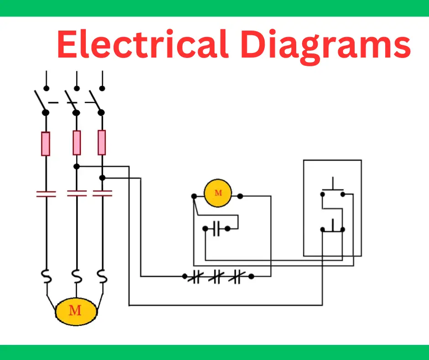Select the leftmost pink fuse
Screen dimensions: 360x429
(x=46, y=143)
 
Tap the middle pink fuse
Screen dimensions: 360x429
(x=77, y=143)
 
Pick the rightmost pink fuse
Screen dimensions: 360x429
(x=102, y=142)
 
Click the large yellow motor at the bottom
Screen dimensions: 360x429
(x=76, y=311)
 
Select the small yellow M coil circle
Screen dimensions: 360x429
(x=218, y=193)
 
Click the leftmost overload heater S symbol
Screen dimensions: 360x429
(x=46, y=277)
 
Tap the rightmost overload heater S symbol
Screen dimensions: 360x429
(x=102, y=277)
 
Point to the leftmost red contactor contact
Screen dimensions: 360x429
(x=46, y=194)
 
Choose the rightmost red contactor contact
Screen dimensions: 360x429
(x=102, y=194)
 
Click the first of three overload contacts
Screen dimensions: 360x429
(x=195, y=276)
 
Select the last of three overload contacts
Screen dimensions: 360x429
(x=236, y=276)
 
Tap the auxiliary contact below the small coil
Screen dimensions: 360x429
(x=217, y=229)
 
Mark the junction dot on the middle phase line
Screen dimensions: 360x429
(x=77, y=166)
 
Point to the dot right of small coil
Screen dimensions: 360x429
(x=240, y=196)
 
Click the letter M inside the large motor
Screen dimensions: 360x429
(x=75, y=311)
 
